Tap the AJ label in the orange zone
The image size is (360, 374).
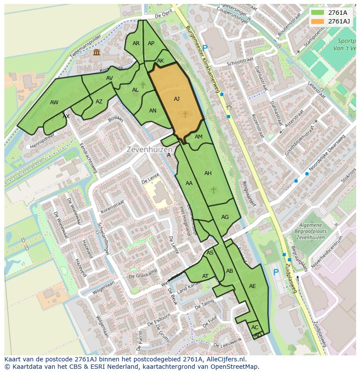tap(177, 99)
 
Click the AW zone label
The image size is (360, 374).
tap(54, 103)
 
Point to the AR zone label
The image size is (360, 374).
tap(136, 43)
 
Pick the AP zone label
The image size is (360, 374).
tap(151, 43)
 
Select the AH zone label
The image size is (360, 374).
tap(208, 173)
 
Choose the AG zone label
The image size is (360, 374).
tap(225, 217)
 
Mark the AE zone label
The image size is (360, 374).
tap(252, 286)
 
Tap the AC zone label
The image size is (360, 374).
tap(255, 328)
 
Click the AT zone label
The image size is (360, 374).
tap(205, 276)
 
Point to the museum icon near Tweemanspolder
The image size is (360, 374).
tap(96, 53)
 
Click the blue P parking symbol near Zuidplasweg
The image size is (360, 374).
tap(276, 272)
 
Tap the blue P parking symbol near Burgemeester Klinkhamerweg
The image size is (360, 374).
tap(205, 48)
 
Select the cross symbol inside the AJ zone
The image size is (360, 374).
tap(185, 114)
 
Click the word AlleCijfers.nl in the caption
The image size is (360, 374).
tap(226, 359)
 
